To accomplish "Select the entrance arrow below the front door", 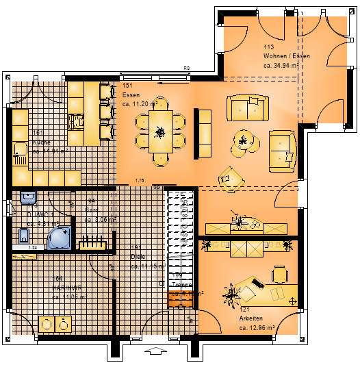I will click(x=157, y=352).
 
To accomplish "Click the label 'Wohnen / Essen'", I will click(x=287, y=55).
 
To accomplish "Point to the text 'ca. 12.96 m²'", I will click(x=257, y=328).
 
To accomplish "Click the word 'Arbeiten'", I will click(x=251, y=319).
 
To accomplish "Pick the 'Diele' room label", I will click(x=137, y=257).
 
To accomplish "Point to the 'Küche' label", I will click(x=40, y=142).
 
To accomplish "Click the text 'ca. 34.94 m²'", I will click(x=281, y=66).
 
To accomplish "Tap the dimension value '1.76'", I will click(x=140, y=180).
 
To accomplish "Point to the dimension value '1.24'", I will click(x=32, y=247).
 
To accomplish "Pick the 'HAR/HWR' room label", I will click(x=48, y=288).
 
